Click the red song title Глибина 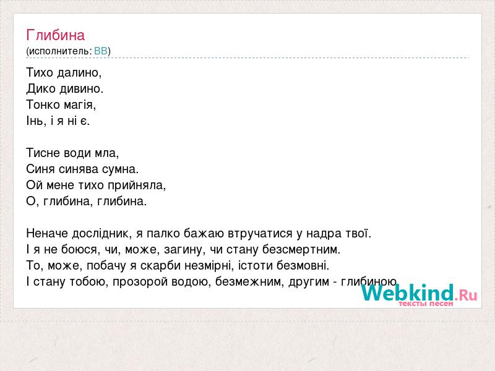point(56,35)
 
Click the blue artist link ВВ point(101,51)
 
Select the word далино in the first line point(79,72)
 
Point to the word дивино point(82,88)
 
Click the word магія point(80,105)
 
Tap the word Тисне point(43,153)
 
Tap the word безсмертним point(301,250)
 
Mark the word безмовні point(303,266)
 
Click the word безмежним point(251,282)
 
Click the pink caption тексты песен point(426,304)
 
